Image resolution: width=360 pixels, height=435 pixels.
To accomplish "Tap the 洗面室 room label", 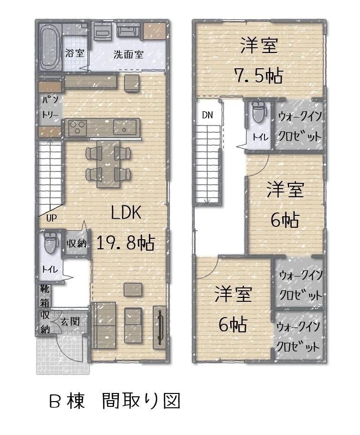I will coord(128,54).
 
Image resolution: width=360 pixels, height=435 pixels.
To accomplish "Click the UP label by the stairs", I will coord(52,218).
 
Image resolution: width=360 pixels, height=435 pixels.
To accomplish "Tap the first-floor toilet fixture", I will coord(49,244).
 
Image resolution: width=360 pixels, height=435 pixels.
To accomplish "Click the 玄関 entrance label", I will coord(70,321).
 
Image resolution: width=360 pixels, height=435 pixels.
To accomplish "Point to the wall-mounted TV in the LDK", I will coord(159,327).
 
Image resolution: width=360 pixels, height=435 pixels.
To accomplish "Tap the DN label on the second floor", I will coord(207,115).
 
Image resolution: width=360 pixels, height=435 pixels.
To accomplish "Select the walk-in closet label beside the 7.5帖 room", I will coord(299,126).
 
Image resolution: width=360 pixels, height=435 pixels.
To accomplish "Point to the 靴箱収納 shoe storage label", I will coord(44,309).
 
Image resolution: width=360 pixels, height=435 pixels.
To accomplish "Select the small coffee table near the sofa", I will coord(133,289).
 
